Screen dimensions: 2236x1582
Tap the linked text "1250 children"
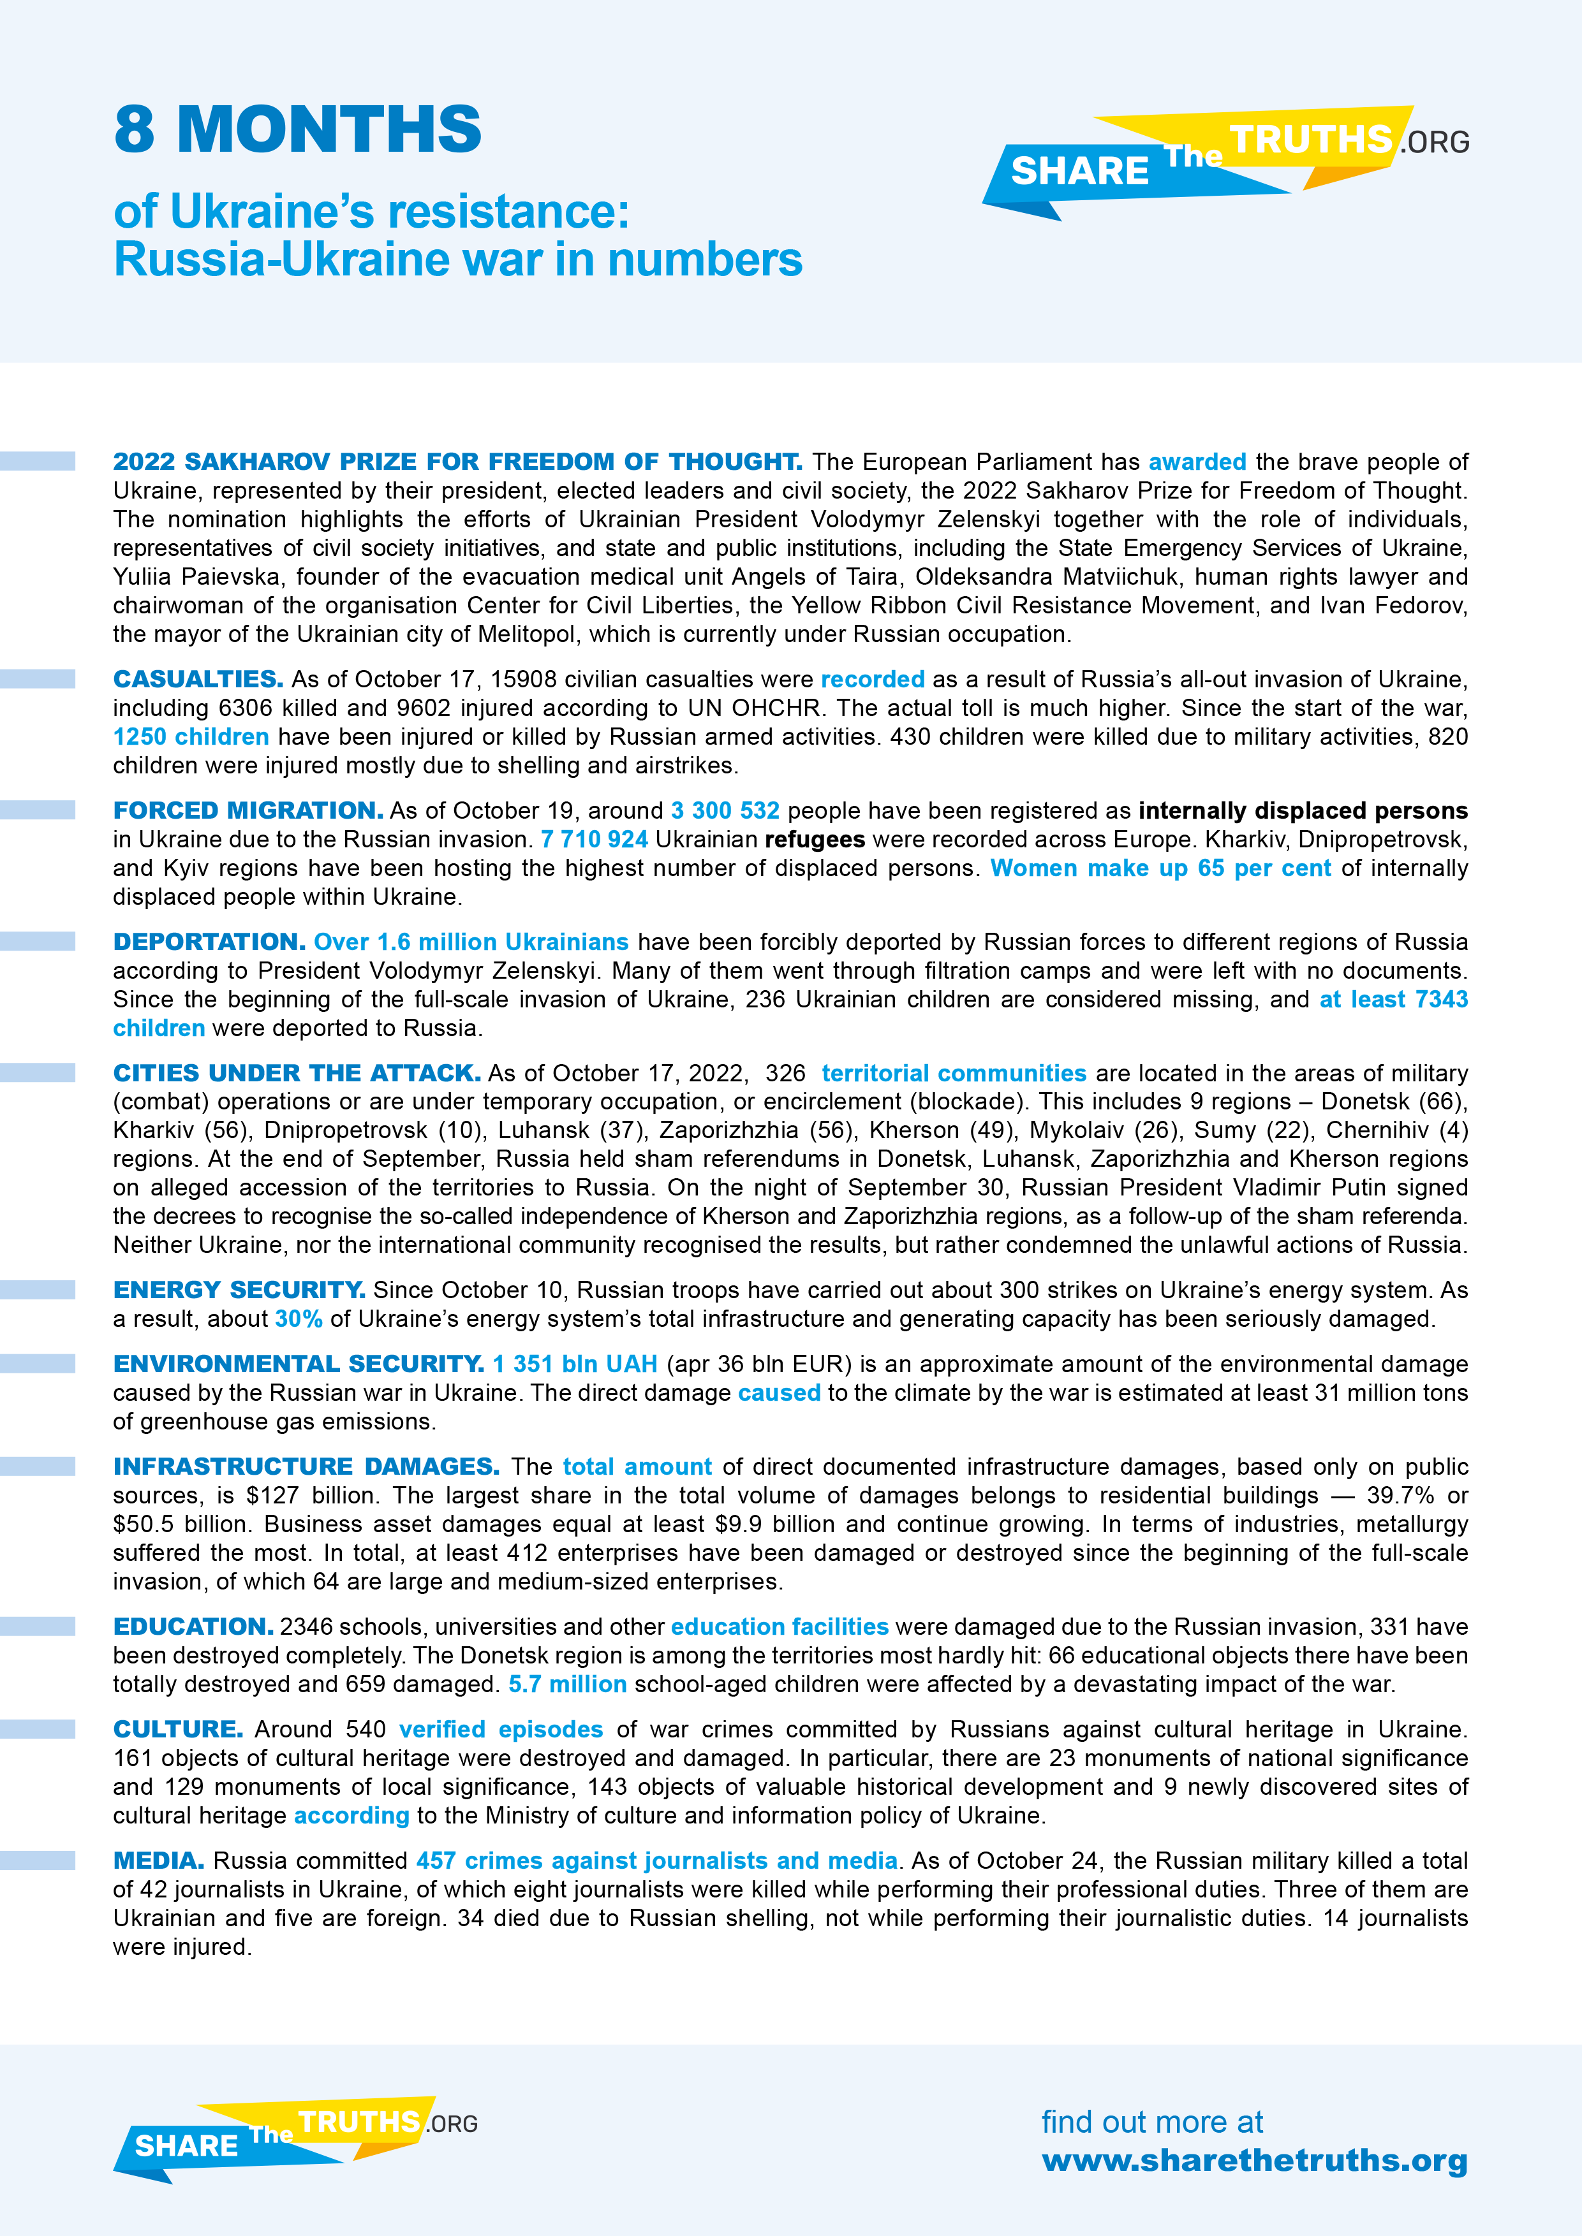coord(191,736)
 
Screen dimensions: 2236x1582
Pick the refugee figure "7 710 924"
coord(595,840)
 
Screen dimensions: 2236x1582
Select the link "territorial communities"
coord(954,1073)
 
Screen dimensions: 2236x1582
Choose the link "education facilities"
coord(780,1626)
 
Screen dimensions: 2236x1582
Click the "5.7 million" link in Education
coord(567,1684)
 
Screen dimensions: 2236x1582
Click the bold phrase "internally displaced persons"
coord(1303,810)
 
